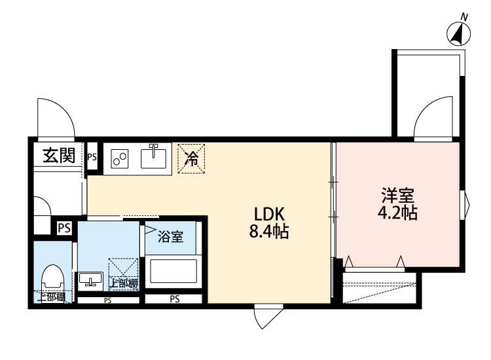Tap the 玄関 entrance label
point(58,156)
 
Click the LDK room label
point(268,213)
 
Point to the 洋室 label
point(398,195)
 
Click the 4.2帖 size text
point(398,213)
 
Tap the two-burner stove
point(120,158)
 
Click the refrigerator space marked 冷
point(192,158)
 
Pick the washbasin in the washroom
point(90,280)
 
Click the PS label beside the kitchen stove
point(92,156)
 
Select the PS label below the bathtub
point(175,300)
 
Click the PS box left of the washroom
point(64,228)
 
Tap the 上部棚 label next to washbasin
point(124,284)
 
